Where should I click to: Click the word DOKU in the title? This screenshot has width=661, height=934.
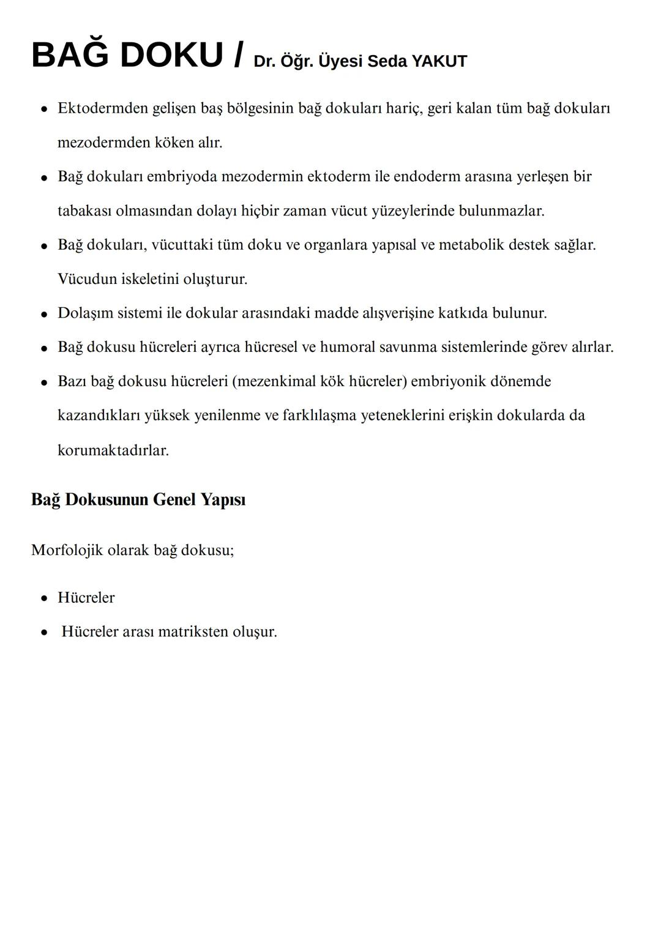pyautogui.click(x=171, y=55)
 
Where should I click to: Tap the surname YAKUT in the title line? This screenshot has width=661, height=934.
pyautogui.click(x=439, y=61)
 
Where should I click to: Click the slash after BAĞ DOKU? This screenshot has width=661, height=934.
pyautogui.click(x=239, y=55)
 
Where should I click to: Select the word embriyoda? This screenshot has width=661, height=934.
pyautogui.click(x=182, y=177)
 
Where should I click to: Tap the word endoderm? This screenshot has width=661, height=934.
pyautogui.click(x=427, y=177)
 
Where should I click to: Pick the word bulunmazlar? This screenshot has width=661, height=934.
pyautogui.click(x=501, y=211)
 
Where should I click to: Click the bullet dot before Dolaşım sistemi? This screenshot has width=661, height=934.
pyautogui.click(x=44, y=314)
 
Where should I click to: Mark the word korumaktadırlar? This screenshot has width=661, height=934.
pyautogui.click(x=113, y=450)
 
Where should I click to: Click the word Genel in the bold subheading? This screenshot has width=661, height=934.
pyautogui.click(x=174, y=499)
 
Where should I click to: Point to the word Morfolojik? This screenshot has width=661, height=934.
pyautogui.click(x=67, y=550)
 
